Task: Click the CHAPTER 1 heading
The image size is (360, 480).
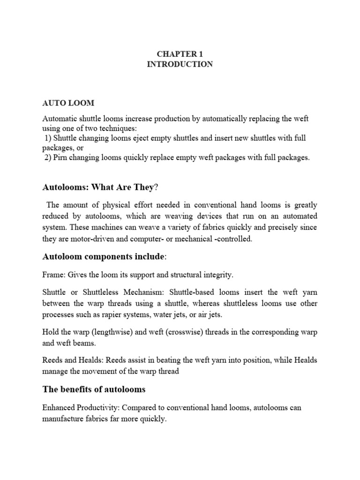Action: (x=180, y=54)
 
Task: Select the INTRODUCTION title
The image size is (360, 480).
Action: (x=180, y=64)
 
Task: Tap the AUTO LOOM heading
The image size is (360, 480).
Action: (x=68, y=103)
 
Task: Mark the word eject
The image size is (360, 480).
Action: (x=150, y=138)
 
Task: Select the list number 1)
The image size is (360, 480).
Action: (x=48, y=138)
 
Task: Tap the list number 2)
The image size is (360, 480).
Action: (x=48, y=158)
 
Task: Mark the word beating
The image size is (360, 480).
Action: (x=162, y=361)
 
